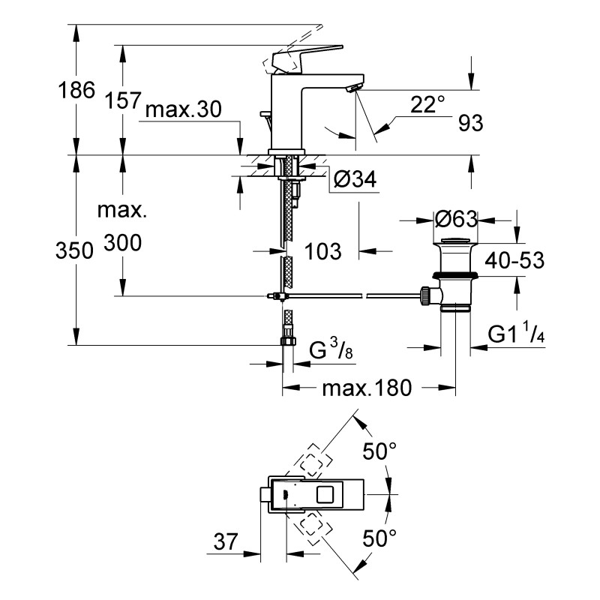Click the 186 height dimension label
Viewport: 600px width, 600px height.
(x=77, y=91)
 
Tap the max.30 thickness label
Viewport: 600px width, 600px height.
(x=183, y=110)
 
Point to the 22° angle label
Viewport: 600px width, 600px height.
(x=427, y=104)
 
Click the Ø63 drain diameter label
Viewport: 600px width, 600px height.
(x=456, y=219)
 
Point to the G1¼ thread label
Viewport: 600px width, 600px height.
(x=515, y=334)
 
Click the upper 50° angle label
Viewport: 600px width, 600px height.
(x=379, y=451)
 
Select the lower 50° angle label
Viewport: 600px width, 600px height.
(x=379, y=538)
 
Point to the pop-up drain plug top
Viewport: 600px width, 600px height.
(x=455, y=241)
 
